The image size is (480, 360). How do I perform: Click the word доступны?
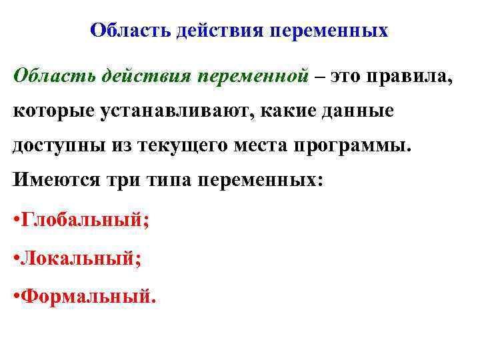click(59, 145)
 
